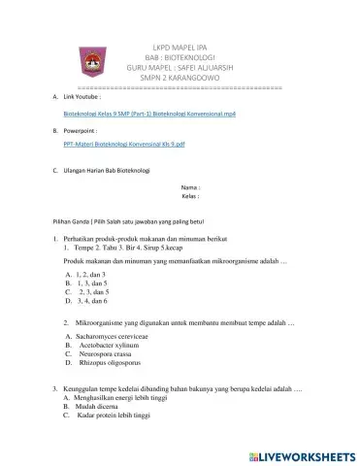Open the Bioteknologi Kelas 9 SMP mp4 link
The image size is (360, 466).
click(143, 114)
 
